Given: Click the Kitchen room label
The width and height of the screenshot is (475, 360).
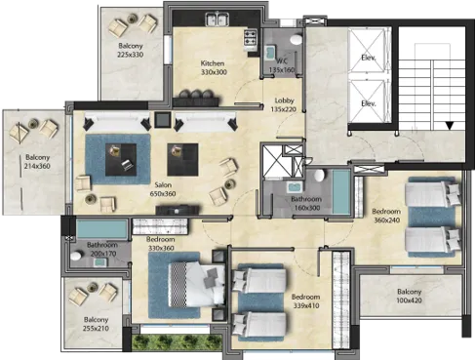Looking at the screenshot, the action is coord(213,63).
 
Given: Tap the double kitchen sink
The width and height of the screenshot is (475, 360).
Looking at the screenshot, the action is coord(217,19).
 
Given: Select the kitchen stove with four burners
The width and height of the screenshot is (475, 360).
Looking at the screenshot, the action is coord(251,37).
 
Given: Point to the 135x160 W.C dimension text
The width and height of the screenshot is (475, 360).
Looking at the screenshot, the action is coord(282,69).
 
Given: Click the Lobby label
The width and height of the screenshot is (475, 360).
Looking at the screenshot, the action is coord(284,100).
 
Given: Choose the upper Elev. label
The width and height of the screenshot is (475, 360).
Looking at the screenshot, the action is coord(369,59).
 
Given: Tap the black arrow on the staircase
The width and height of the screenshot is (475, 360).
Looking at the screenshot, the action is coord(450,126).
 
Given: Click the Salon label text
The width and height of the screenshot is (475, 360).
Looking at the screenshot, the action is coord(163,185).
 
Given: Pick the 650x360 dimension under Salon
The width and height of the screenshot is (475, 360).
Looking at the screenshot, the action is coord(163,194).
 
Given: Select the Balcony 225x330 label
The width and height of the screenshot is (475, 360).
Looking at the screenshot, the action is coord(131,50).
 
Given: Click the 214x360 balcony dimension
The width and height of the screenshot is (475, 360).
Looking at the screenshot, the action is coord(37,166).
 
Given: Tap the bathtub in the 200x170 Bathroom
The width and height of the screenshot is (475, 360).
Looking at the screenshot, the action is coord(101,229).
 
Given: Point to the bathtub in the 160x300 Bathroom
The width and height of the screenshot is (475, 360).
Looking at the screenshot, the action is coord(341,192).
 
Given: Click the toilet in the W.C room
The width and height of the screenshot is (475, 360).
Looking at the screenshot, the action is coord(296,39).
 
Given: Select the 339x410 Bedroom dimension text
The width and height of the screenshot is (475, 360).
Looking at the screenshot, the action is coord(306,305).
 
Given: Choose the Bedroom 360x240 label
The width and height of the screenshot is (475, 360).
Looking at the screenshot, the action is coord(386,216).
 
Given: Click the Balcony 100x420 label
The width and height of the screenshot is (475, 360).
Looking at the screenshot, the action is coord(409,296).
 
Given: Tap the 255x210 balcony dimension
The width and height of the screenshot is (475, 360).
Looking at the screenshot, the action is coord(96,329).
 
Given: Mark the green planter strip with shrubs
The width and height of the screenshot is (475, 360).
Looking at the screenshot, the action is coord(177,342).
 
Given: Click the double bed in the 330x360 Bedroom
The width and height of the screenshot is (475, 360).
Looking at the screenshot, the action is coord(197,285).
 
